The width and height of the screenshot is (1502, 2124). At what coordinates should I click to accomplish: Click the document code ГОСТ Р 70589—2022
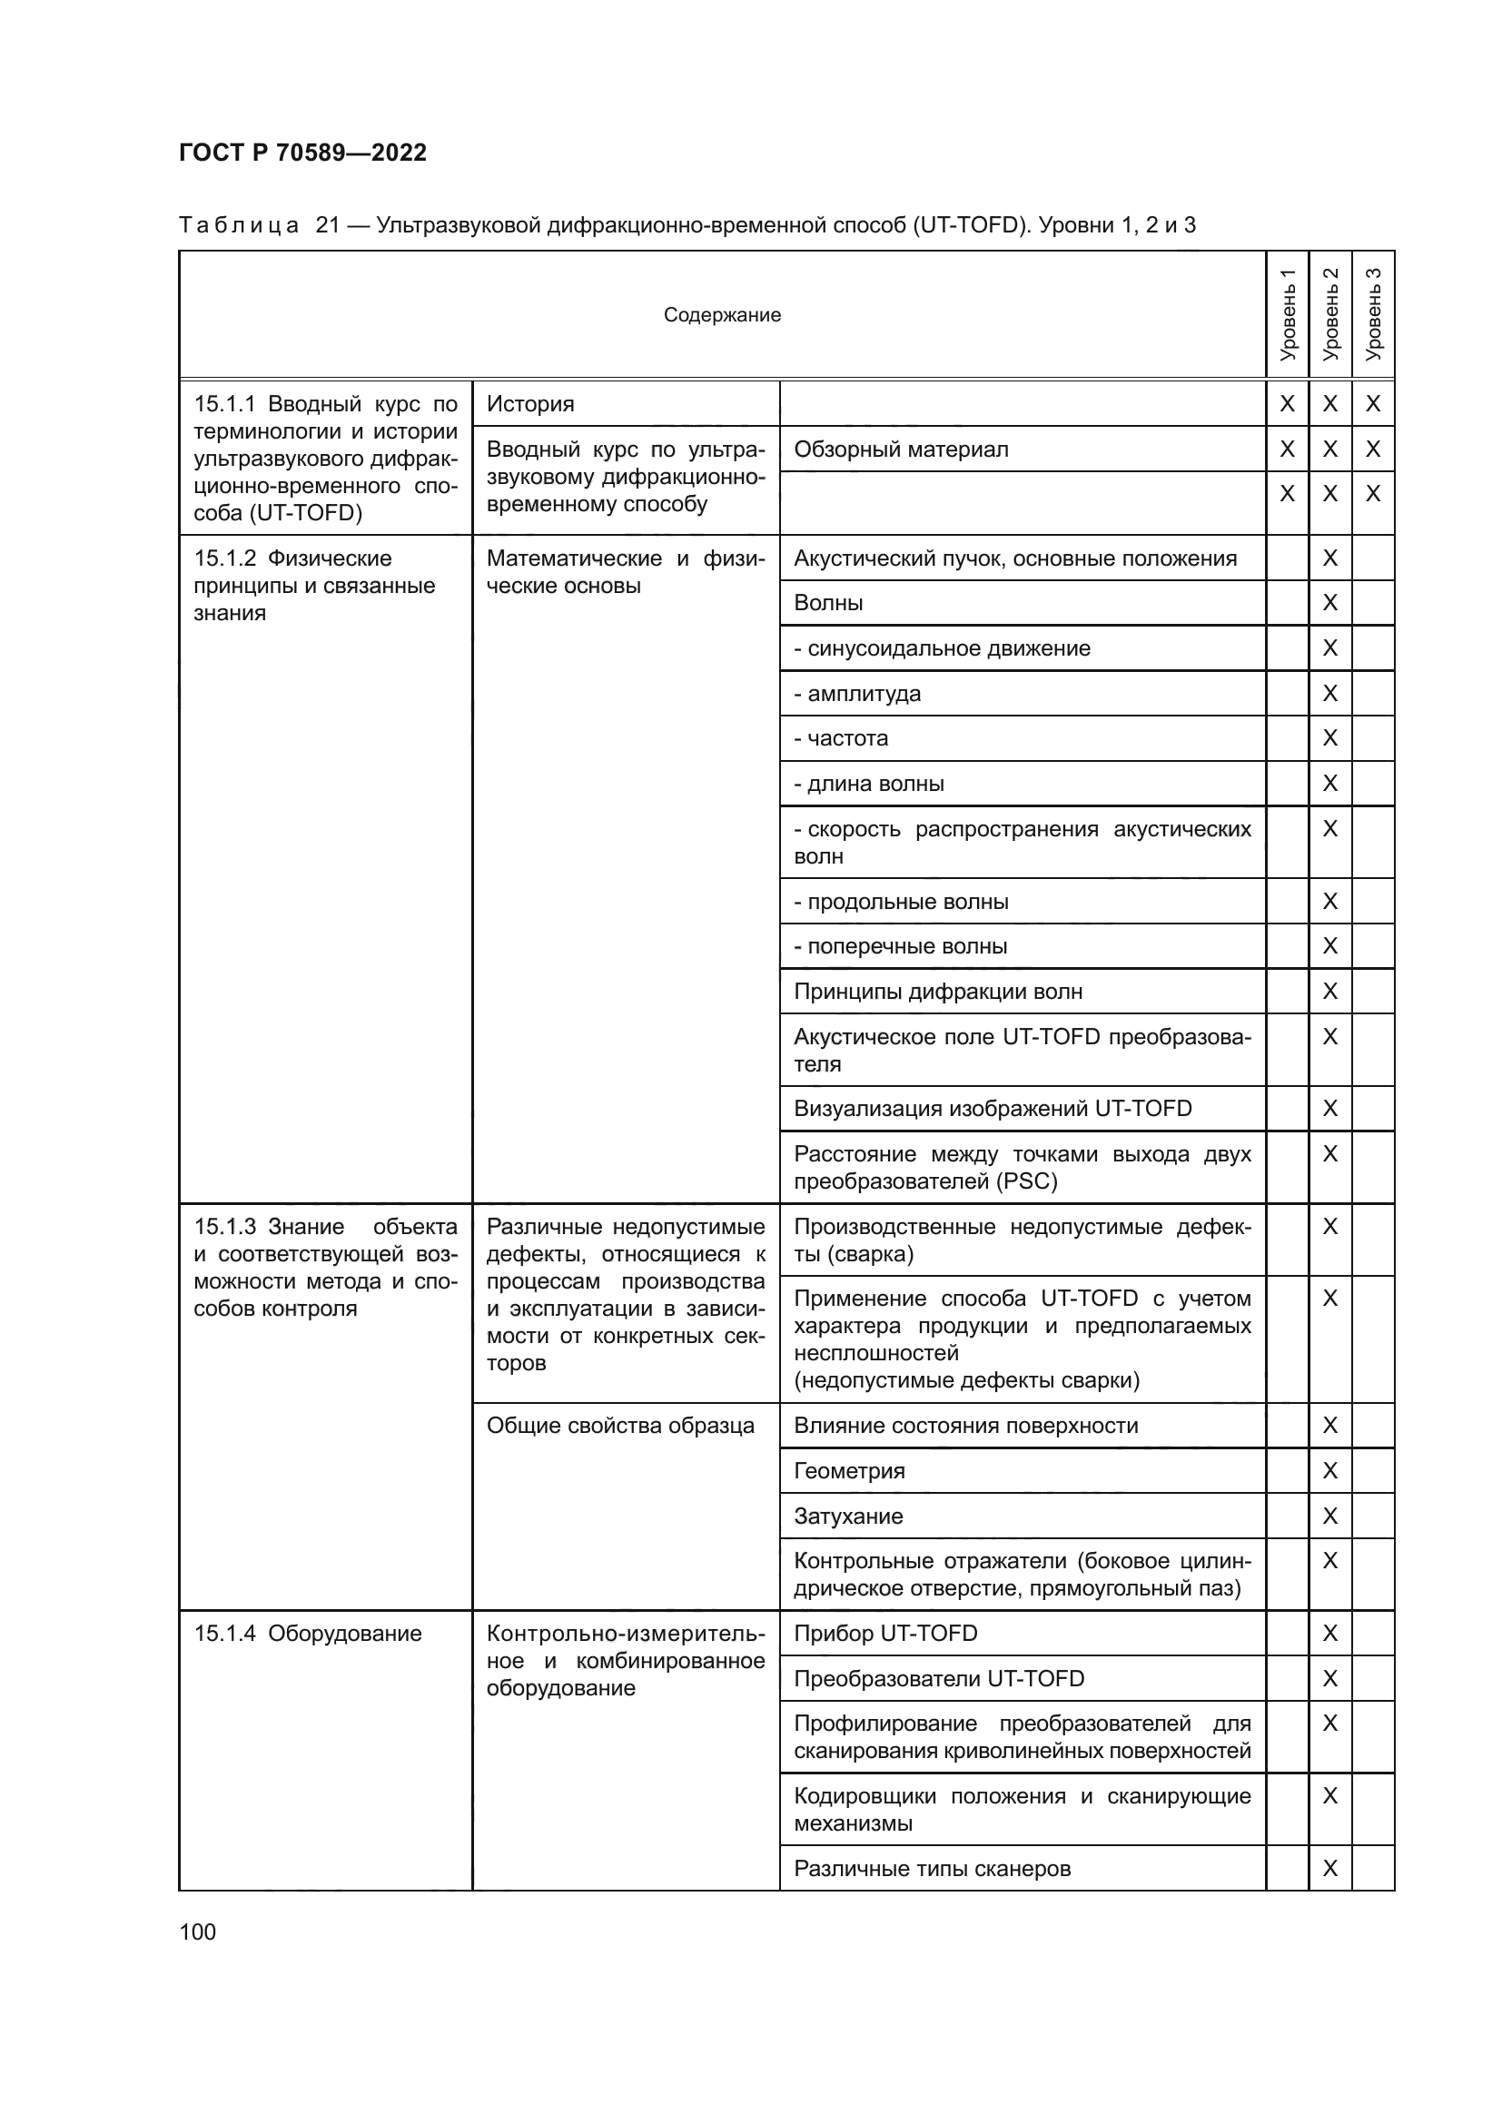[x=302, y=153]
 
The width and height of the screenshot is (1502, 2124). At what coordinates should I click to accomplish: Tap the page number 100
[x=197, y=1931]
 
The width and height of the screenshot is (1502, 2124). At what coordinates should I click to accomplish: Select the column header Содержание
[x=721, y=315]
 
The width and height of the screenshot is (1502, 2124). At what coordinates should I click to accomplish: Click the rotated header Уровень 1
[x=1287, y=314]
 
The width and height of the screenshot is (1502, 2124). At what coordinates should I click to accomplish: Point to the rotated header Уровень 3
[x=1372, y=314]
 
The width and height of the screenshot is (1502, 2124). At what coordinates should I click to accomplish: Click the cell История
[x=530, y=404]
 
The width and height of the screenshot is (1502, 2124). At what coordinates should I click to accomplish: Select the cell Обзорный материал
[x=901, y=449]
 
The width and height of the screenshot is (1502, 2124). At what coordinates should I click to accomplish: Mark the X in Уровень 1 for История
[x=1287, y=404]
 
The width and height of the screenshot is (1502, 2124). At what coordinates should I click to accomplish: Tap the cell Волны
[x=828, y=603]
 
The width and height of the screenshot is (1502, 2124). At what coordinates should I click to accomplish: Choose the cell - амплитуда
[x=856, y=694]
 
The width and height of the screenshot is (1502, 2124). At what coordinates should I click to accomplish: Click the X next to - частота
[x=1330, y=738]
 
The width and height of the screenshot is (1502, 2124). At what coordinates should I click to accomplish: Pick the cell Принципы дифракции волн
[x=937, y=992]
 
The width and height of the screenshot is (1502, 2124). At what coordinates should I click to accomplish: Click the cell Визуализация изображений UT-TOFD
[x=993, y=1108]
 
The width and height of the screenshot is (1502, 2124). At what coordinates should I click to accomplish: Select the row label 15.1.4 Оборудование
[x=307, y=1634]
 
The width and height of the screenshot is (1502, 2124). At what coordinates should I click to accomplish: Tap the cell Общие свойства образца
[x=619, y=1426]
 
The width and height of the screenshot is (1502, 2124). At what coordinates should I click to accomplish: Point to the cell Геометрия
[x=849, y=1471]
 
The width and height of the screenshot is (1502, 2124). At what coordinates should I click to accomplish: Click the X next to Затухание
[x=1330, y=1516]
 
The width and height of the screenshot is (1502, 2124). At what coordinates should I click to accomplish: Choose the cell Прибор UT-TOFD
[x=885, y=1634]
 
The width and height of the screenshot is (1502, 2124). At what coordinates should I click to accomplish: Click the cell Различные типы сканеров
[x=932, y=1869]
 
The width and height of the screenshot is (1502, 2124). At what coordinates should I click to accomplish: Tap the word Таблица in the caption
[x=238, y=225]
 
